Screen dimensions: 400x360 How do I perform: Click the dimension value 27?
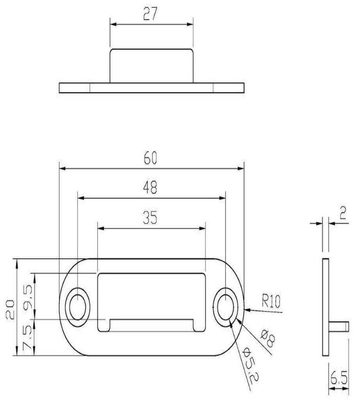click(x=151, y=14)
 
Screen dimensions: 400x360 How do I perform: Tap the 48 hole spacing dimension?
click(x=151, y=188)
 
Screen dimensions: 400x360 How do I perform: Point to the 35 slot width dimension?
click(x=151, y=218)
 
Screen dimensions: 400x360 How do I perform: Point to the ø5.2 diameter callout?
click(x=249, y=365)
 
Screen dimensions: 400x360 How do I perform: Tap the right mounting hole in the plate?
click(x=226, y=307)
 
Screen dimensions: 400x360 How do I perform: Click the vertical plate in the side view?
click(x=326, y=307)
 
